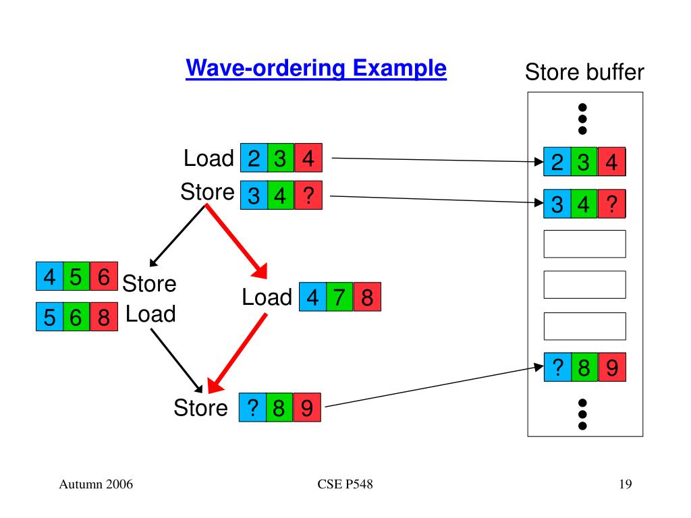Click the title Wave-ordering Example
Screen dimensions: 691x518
click(x=316, y=68)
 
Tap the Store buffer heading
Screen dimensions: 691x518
click(x=584, y=71)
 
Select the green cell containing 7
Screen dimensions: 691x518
click(x=339, y=297)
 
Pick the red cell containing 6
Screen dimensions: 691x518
click(x=104, y=276)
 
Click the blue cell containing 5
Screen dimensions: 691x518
click(x=49, y=317)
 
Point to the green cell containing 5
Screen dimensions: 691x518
click(x=77, y=276)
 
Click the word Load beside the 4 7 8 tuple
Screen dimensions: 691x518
click(x=267, y=297)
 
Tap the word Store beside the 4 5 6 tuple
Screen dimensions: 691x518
click(x=149, y=283)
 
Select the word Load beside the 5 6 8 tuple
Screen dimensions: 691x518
click(x=150, y=314)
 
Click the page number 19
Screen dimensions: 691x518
click(x=626, y=484)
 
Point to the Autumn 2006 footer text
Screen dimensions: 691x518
click(x=96, y=484)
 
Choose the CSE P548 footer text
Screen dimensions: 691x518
click(x=345, y=484)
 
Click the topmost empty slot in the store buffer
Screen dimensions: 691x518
click(x=585, y=244)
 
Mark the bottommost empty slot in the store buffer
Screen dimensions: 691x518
click(x=585, y=326)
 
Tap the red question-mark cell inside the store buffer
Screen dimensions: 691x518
click(x=611, y=204)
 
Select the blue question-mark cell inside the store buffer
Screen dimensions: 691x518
click(x=557, y=367)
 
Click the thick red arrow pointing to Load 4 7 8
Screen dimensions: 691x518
click(x=237, y=242)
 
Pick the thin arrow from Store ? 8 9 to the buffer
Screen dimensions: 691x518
click(x=434, y=386)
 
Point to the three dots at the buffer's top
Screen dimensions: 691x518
click(x=582, y=119)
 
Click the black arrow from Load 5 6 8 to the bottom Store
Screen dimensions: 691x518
click(x=177, y=361)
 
